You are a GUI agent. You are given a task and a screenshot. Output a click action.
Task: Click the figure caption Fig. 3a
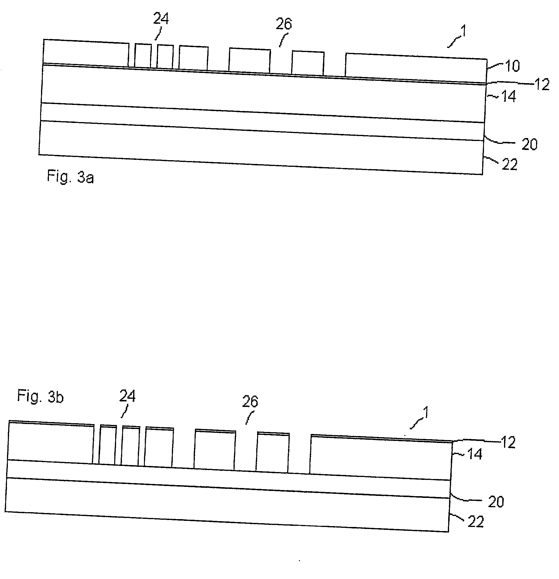70,177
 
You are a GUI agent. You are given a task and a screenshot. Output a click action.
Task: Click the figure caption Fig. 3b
40,396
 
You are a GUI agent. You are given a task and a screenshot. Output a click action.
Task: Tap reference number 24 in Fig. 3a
161,19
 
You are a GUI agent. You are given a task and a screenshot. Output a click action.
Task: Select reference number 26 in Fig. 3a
284,24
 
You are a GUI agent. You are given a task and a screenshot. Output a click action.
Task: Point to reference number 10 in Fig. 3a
512,66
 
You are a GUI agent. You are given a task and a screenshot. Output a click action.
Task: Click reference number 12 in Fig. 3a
542,85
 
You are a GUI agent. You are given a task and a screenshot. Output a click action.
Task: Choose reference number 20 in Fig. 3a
529,145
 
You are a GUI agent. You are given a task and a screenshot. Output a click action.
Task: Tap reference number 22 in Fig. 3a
510,165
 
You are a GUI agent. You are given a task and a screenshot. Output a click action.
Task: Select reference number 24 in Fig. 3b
127,396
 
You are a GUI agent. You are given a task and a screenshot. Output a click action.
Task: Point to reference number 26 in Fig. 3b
250,401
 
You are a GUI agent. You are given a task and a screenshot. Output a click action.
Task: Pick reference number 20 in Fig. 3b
496,502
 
